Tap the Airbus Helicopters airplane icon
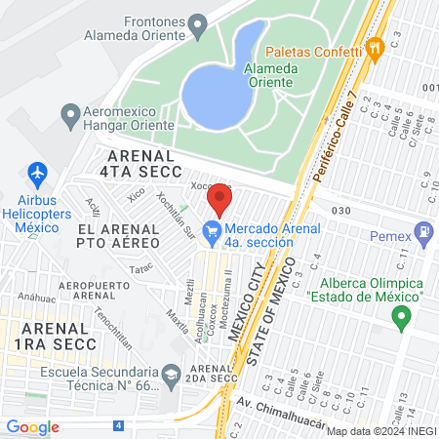pyautogui.click(x=38, y=174)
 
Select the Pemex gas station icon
pyautogui.click(x=423, y=234)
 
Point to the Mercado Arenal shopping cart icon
pyautogui.click(x=210, y=231)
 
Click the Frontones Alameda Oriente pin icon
pyautogui.click(x=199, y=23)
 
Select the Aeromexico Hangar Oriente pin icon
pyautogui.click(x=70, y=115)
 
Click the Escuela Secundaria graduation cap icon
pyautogui.click(x=171, y=374)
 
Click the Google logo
pyautogui.click(x=33, y=427)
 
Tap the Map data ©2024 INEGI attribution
pyautogui.click(x=379, y=431)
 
